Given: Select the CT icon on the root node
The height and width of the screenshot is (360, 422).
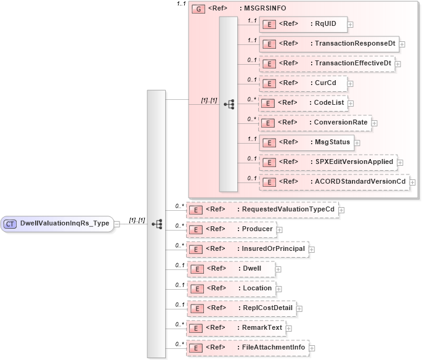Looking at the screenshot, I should click(x=11, y=224).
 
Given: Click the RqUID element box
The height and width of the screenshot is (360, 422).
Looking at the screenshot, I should click(x=302, y=25).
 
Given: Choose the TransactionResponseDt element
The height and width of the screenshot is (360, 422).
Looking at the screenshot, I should click(x=328, y=44).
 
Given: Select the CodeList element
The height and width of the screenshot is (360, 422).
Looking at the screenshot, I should click(x=302, y=103).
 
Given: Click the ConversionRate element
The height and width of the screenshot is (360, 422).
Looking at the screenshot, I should click(x=314, y=123).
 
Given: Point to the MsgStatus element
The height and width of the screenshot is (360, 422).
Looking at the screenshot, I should click(x=306, y=142).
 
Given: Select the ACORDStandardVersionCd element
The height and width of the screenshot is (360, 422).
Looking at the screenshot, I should click(x=333, y=182).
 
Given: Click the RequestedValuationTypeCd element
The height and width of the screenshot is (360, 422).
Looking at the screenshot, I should click(x=262, y=210).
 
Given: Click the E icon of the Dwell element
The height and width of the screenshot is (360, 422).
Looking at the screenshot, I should click(x=195, y=269).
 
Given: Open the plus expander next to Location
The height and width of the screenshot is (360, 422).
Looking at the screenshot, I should click(x=278, y=288).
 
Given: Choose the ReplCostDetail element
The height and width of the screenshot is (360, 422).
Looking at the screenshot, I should click(x=241, y=308).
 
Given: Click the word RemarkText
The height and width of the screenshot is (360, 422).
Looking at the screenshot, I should click(x=262, y=327).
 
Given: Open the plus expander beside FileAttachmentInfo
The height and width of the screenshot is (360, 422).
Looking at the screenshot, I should click(x=312, y=348).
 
